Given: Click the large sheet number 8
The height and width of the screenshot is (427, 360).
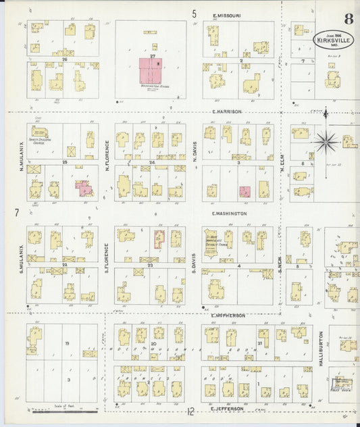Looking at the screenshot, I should click(x=348, y=19).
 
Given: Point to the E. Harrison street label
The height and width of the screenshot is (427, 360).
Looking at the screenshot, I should click(x=226, y=111).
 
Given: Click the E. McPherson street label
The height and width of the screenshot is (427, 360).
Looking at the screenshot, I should click(x=227, y=316).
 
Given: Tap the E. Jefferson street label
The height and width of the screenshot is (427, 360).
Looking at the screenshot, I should click(x=226, y=408).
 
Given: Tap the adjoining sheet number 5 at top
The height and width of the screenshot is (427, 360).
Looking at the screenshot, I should click(x=194, y=13).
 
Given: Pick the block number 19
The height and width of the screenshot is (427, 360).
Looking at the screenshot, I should click(x=68, y=343).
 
